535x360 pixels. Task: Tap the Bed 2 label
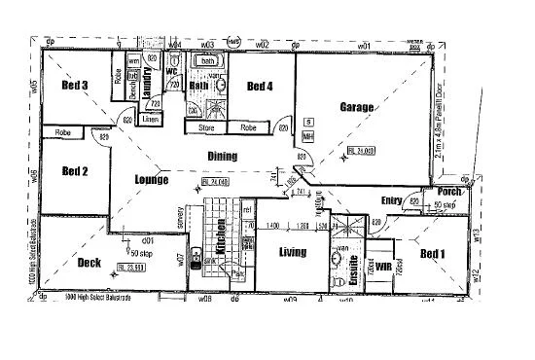click(x=76, y=171)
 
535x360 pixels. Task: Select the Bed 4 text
click(x=260, y=87)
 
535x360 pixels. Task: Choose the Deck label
click(x=89, y=262)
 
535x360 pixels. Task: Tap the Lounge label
click(x=152, y=179)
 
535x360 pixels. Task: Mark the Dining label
click(x=223, y=155)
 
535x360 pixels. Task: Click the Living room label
click(x=292, y=252)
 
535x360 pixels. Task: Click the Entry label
click(x=392, y=201)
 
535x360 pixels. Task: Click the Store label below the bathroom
click(x=205, y=126)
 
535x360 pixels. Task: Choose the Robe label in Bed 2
click(x=63, y=132)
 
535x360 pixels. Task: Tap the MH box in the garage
click(x=308, y=136)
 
